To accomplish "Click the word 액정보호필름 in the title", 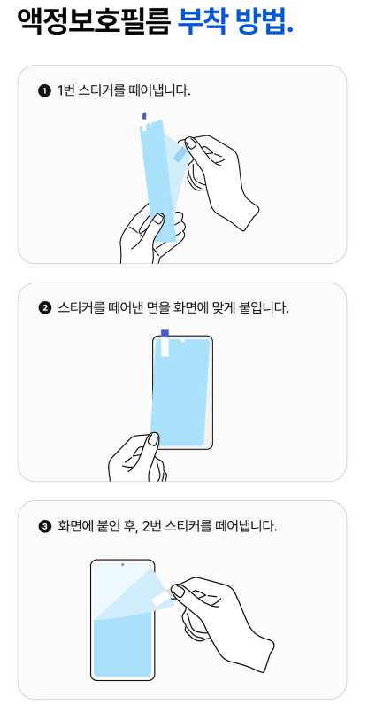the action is (x=94, y=20).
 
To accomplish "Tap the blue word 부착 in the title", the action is (x=202, y=20).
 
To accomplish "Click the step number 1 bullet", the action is (x=44, y=91).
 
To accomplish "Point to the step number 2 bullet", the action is (x=44, y=308).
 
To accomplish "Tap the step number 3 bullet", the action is (x=44, y=526).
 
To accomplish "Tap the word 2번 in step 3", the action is (x=151, y=525).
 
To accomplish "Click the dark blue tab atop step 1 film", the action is (x=144, y=116).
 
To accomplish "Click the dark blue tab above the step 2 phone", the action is (x=165, y=333).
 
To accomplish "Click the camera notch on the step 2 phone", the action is (x=182, y=341).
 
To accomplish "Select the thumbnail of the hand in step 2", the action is (x=154, y=439).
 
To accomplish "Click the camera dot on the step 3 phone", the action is (x=122, y=564).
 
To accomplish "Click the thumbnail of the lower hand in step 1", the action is (x=158, y=219).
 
